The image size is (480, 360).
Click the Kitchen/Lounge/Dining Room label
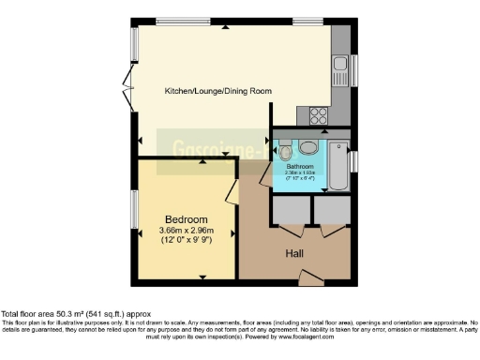tap(218, 91)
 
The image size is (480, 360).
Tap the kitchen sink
tap(339, 67)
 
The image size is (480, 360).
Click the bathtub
tap(336, 160)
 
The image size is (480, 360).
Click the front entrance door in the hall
tap(309, 276)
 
